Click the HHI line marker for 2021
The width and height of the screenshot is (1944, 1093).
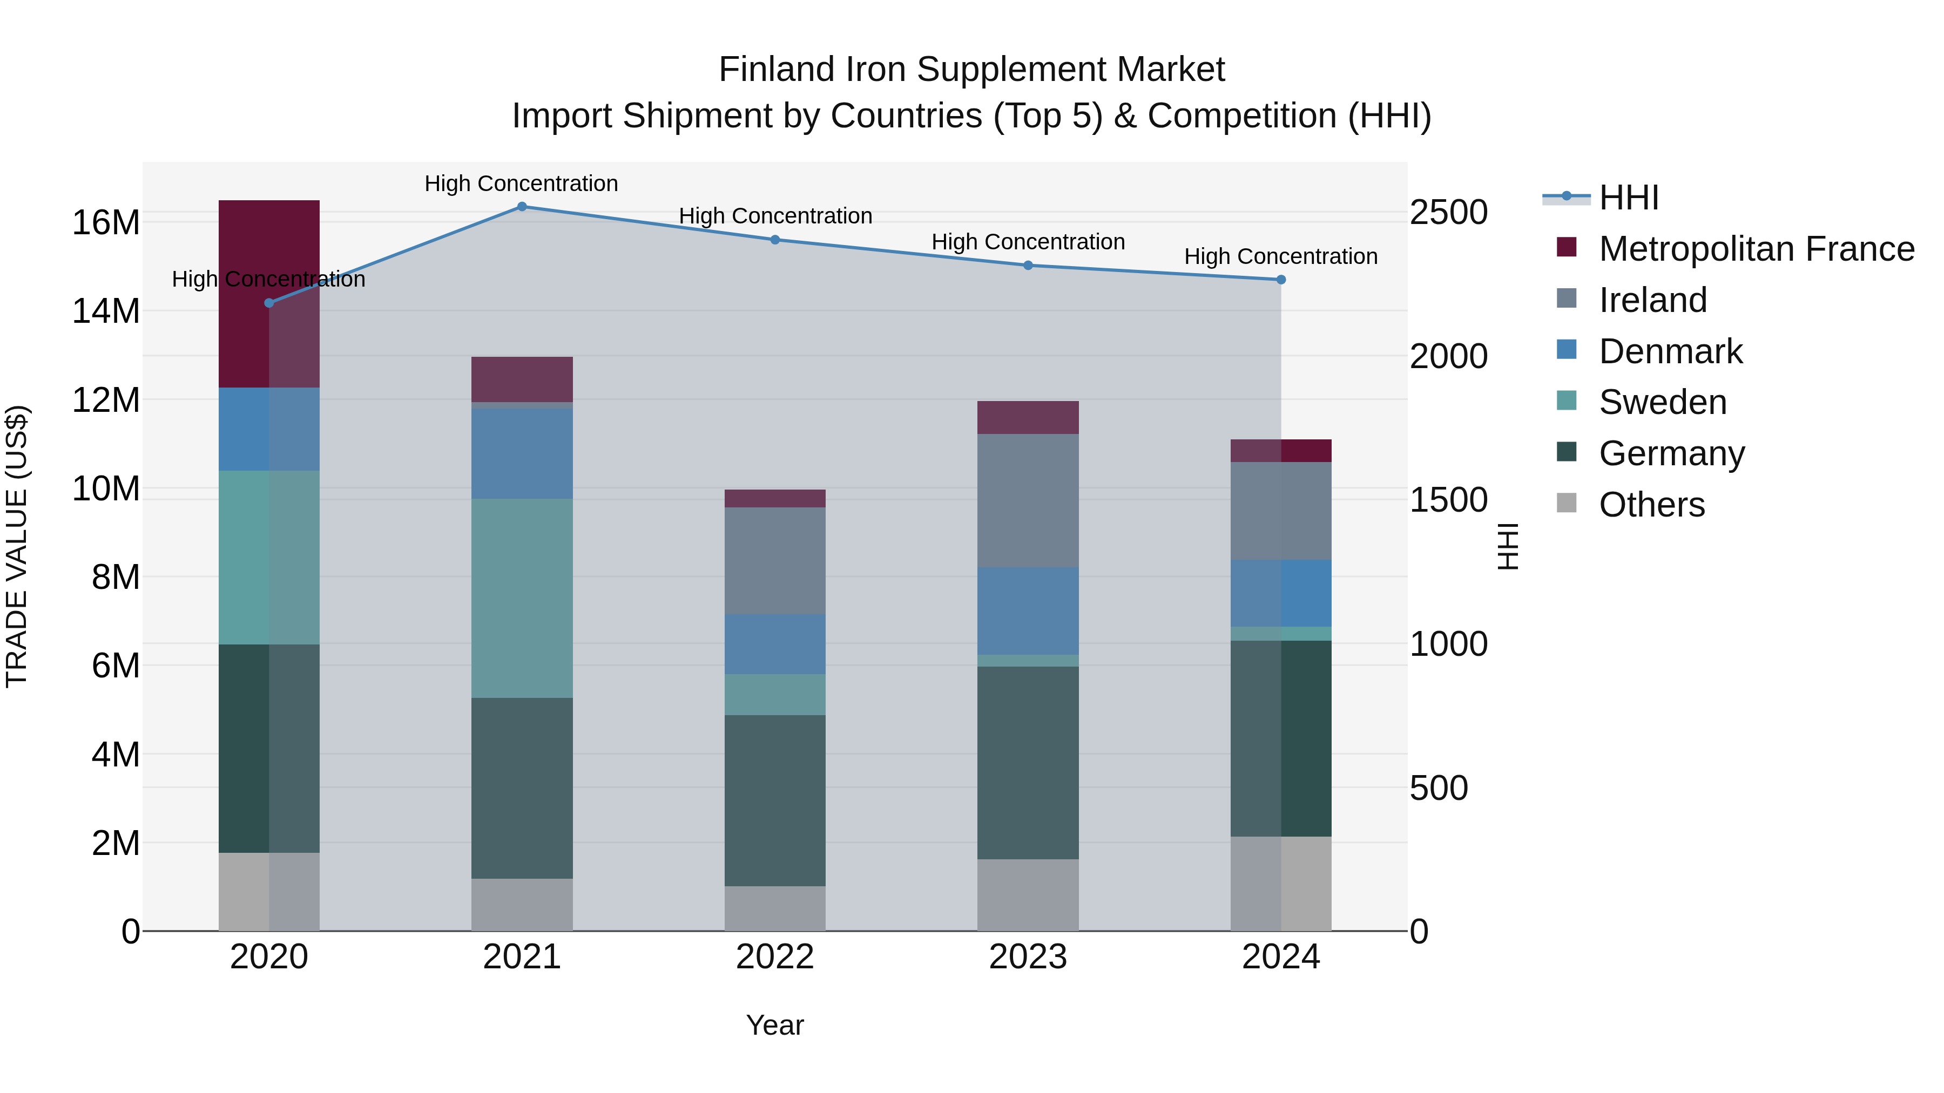(522, 207)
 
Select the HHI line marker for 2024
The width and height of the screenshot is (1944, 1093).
(1281, 280)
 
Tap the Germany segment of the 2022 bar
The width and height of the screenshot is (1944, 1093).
(775, 800)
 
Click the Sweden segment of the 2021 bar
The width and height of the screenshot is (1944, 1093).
(522, 598)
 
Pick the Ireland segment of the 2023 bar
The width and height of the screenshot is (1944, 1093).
(1028, 500)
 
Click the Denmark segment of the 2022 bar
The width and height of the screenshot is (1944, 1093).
(775, 644)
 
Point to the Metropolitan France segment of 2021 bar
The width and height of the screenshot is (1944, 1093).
(522, 379)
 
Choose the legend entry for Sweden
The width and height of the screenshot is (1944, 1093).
(1663, 402)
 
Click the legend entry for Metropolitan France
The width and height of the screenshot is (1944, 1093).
(1756, 249)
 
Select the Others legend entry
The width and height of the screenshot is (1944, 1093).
(1651, 505)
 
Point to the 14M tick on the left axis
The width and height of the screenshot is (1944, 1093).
(106, 311)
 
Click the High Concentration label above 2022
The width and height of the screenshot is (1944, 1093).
(775, 216)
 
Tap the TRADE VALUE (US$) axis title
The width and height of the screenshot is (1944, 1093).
(17, 546)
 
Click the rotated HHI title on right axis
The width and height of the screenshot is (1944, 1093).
(1507, 546)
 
